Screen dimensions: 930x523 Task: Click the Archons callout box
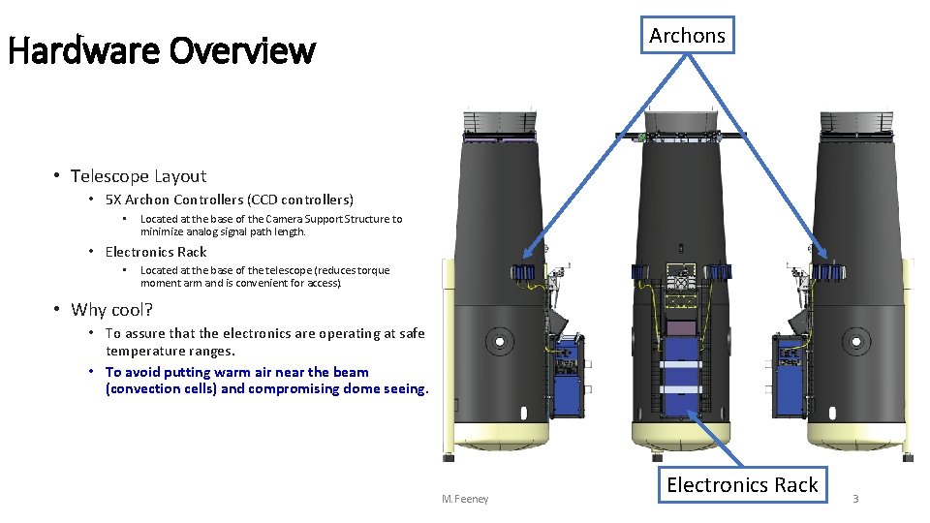(687, 35)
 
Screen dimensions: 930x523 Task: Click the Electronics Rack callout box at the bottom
(742, 485)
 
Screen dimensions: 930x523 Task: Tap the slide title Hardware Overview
(162, 50)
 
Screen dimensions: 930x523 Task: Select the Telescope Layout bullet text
(139, 176)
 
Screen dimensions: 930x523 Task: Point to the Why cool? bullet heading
(111, 310)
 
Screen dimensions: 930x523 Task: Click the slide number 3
(855, 499)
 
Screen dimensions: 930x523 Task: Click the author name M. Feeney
(465, 499)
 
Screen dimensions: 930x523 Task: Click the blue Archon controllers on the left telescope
(526, 274)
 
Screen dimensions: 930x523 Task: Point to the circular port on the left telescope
(501, 341)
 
